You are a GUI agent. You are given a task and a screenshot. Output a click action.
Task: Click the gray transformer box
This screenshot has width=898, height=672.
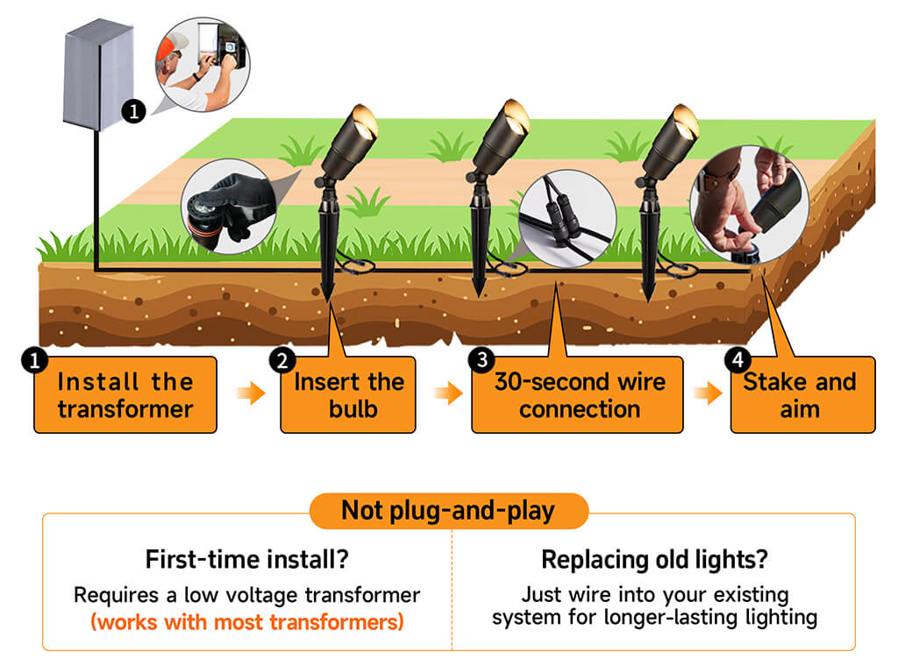pyautogui.click(x=98, y=74)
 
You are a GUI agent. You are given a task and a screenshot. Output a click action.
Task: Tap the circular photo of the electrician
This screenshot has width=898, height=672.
pyautogui.click(x=203, y=64)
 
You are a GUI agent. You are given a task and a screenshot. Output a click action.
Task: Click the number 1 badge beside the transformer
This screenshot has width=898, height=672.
pyautogui.click(x=133, y=110)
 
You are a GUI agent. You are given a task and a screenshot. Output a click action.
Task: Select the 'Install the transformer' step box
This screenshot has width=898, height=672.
pyautogui.click(x=125, y=395)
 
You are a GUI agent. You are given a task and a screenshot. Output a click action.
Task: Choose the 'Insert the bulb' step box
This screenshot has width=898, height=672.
pyautogui.click(x=348, y=395)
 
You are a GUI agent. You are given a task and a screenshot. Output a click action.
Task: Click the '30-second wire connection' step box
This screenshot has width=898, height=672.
pyautogui.click(x=577, y=395)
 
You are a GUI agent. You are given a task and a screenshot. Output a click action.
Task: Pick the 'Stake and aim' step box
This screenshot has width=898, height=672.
pyautogui.click(x=803, y=395)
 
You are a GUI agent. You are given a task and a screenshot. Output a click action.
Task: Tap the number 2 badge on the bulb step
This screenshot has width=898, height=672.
pyautogui.click(x=282, y=361)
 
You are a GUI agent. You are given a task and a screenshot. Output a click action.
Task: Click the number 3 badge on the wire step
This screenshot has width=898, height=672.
pyautogui.click(x=481, y=360)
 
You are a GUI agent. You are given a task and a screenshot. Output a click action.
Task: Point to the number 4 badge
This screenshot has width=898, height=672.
pyautogui.click(x=738, y=360)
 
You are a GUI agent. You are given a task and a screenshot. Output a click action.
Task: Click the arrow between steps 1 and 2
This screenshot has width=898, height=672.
pyautogui.click(x=251, y=393)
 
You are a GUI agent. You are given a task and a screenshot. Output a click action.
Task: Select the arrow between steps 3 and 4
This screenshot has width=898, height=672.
pyautogui.click(x=708, y=393)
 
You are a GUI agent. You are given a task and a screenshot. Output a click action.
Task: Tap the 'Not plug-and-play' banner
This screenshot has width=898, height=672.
pyautogui.click(x=448, y=511)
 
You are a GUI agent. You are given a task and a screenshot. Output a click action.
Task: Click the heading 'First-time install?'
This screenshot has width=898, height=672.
pyautogui.click(x=246, y=559)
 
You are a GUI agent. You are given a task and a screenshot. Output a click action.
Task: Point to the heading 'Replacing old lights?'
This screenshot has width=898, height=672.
pyautogui.click(x=654, y=559)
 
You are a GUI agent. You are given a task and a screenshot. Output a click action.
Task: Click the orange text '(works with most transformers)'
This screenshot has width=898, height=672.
pyautogui.click(x=246, y=622)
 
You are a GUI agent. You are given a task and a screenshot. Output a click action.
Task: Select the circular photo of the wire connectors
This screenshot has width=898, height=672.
pyautogui.click(x=567, y=218)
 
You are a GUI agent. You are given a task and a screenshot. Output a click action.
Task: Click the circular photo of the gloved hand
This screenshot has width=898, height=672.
pyautogui.click(x=229, y=207)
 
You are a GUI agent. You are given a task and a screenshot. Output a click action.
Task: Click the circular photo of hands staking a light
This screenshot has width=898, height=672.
pyautogui.click(x=750, y=204)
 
